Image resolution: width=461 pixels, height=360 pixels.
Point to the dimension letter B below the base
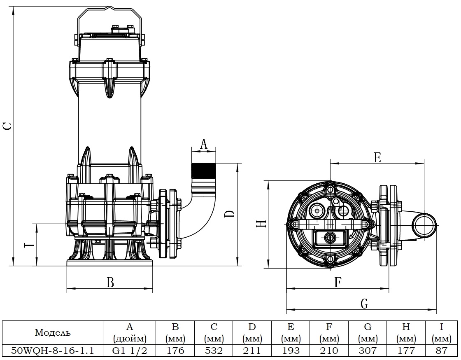pyautogui.click(x=110, y=282)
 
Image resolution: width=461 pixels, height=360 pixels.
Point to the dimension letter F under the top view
pyautogui.click(x=338, y=282)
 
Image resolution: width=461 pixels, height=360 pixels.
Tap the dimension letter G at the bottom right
pyautogui.click(x=364, y=304)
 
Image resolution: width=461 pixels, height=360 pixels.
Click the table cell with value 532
pyautogui.click(x=214, y=351)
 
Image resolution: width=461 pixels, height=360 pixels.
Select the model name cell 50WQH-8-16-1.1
pyautogui.click(x=53, y=351)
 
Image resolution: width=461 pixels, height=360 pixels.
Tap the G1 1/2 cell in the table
pyautogui.click(x=130, y=351)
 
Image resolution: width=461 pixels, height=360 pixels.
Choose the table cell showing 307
pyautogui.click(x=368, y=351)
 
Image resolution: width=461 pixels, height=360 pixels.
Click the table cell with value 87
pyautogui.click(x=441, y=351)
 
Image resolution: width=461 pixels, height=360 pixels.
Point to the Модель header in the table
pyautogui.click(x=53, y=332)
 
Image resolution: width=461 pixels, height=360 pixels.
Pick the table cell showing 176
pyautogui.click(x=175, y=351)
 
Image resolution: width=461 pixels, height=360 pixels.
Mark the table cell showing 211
pyautogui.click(x=252, y=351)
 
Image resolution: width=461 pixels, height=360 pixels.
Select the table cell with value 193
pyautogui.click(x=291, y=351)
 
